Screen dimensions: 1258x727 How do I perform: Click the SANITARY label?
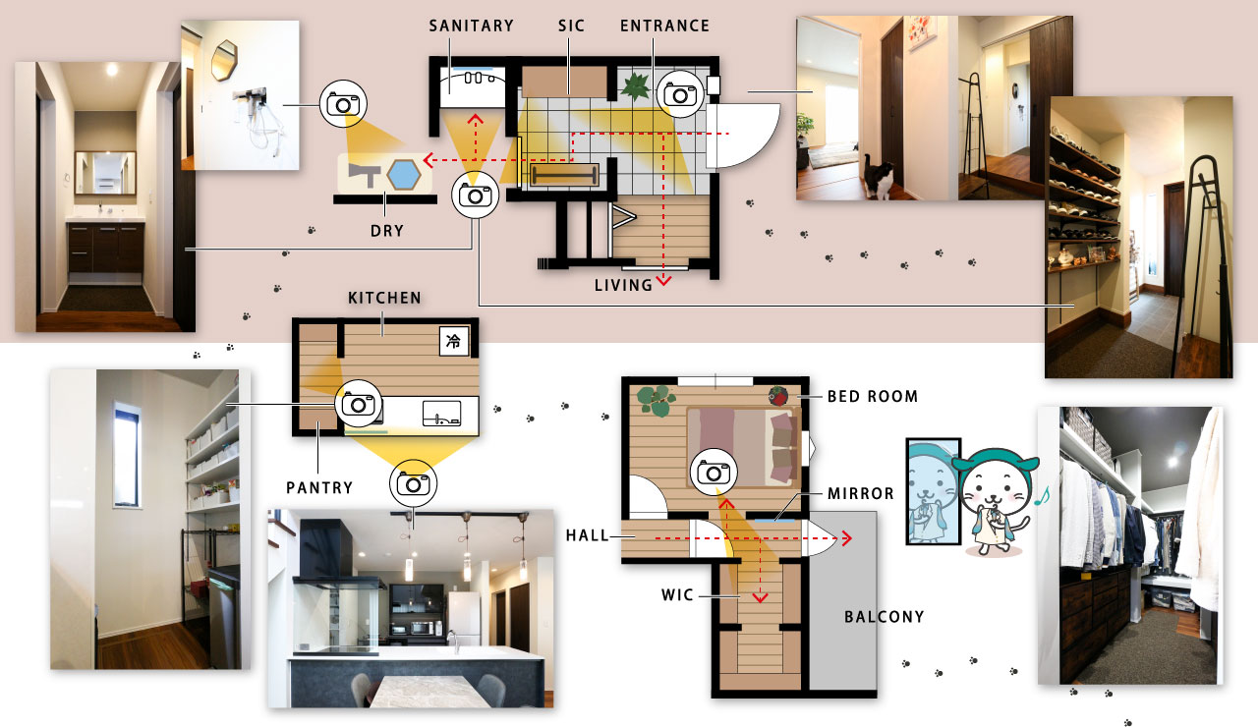[471, 26]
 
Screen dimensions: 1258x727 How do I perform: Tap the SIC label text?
[571, 26]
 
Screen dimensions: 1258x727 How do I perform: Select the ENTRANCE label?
[665, 26]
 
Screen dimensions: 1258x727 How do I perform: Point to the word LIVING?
[623, 285]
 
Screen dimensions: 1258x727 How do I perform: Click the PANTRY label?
[319, 488]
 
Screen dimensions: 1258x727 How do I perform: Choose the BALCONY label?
[885, 617]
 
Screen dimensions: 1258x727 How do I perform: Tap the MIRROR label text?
[860, 493]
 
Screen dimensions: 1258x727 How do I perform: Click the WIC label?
[677, 595]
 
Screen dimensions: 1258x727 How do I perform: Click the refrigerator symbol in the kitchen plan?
[454, 340]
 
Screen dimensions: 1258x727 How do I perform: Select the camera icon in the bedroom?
[714, 473]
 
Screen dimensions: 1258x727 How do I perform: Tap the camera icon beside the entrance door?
[680, 93]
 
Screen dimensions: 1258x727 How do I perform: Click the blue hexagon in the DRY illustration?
[403, 175]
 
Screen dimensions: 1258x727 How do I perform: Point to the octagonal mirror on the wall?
[224, 60]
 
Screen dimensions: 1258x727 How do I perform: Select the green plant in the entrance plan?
[635, 86]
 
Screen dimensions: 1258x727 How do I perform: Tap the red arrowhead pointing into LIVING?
[663, 280]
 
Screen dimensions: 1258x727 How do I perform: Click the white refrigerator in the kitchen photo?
[464, 618]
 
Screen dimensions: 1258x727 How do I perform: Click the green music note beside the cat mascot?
[1043, 496]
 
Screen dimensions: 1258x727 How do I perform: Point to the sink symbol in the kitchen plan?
[441, 414]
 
